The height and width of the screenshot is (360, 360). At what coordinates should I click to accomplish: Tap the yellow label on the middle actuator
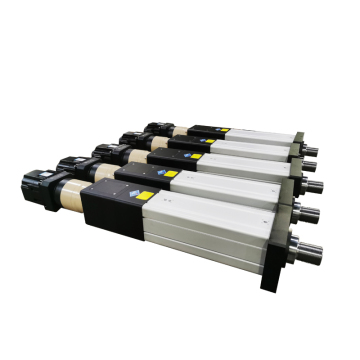pos(196,156)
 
